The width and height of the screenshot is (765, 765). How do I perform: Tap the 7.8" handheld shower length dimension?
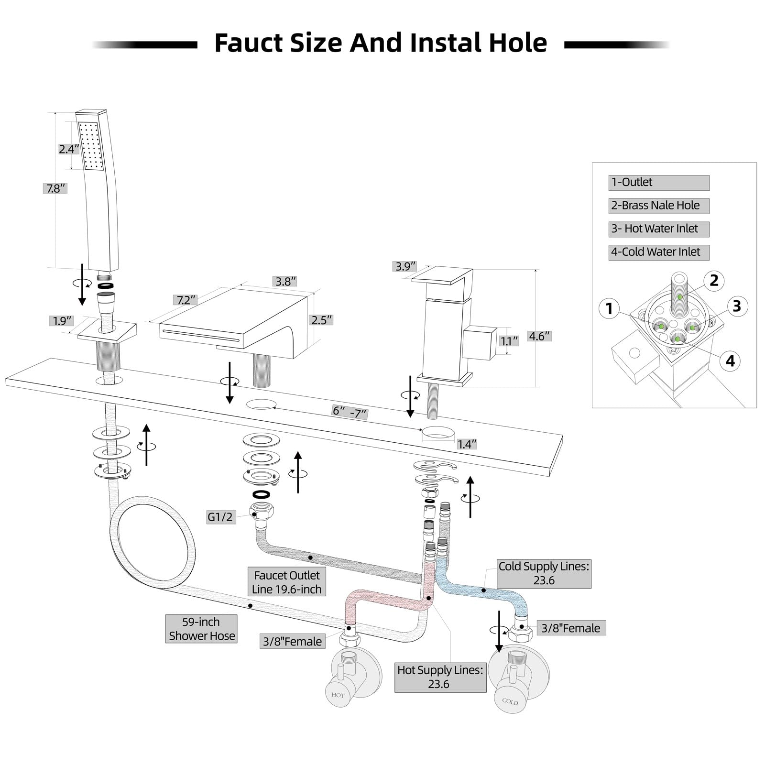55,188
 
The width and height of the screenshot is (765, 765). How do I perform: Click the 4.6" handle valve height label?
539,336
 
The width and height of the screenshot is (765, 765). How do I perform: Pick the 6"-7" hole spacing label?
350,412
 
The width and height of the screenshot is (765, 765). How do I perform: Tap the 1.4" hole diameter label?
466,444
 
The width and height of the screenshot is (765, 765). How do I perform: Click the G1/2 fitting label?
220,517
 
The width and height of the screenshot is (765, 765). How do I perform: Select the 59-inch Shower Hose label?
201,629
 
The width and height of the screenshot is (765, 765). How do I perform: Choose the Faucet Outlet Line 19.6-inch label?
287,582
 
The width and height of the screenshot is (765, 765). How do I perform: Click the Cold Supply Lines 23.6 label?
544,573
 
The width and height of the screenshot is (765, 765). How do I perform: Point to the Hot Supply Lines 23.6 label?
440,677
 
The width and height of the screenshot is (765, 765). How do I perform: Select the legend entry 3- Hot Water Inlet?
659,229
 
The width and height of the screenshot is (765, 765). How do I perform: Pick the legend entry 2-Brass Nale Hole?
659,206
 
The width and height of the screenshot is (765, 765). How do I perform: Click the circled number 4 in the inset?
730,361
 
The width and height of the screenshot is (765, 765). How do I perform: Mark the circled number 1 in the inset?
609,309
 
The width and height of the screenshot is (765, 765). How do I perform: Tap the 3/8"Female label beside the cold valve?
571,628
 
